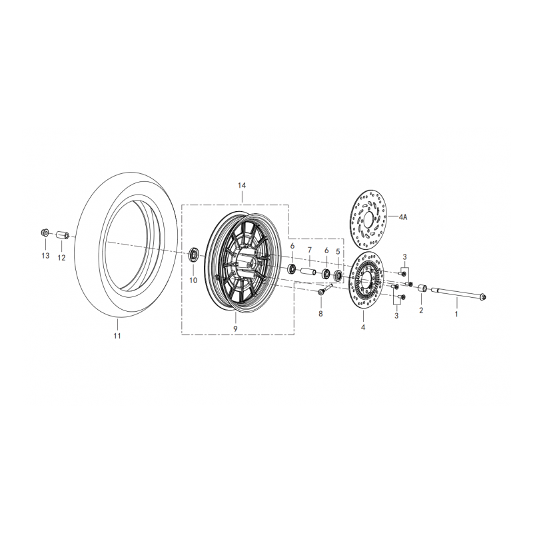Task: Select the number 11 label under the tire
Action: pyautogui.click(x=117, y=336)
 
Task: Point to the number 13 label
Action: pyautogui.click(x=45, y=256)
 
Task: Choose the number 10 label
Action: pyautogui.click(x=193, y=280)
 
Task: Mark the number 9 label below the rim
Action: pyautogui.click(x=235, y=328)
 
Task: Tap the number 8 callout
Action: pyautogui.click(x=320, y=313)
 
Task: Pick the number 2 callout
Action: pyautogui.click(x=421, y=311)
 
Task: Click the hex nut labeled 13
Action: pyautogui.click(x=44, y=233)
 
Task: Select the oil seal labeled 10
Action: pyautogui.click(x=195, y=254)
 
